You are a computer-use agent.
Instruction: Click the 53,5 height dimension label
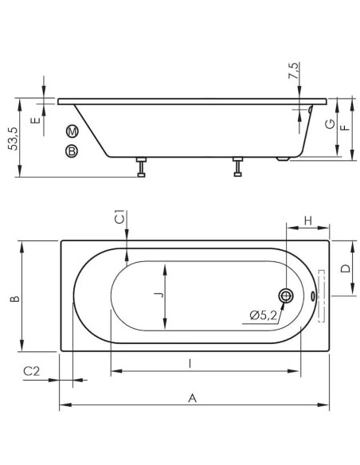click(14, 139)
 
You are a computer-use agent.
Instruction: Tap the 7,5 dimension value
click(294, 71)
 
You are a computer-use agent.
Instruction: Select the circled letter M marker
click(72, 131)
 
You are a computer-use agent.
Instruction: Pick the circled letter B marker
click(71, 151)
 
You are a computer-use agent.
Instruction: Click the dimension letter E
click(36, 120)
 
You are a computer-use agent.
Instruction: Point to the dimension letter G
click(330, 124)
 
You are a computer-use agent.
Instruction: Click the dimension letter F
click(345, 128)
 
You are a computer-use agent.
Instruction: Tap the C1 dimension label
click(119, 217)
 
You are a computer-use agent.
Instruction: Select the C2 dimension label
click(31, 371)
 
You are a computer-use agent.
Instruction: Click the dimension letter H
click(308, 221)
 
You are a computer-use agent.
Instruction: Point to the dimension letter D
click(346, 268)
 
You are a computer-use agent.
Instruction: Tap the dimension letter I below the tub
click(190, 363)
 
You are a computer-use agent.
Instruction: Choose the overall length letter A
click(193, 398)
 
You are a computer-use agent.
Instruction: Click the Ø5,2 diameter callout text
click(264, 315)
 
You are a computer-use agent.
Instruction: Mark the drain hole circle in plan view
click(286, 295)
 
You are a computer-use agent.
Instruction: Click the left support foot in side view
click(142, 167)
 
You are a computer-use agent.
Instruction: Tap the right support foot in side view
click(238, 166)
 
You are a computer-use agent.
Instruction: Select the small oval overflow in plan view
click(312, 295)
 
